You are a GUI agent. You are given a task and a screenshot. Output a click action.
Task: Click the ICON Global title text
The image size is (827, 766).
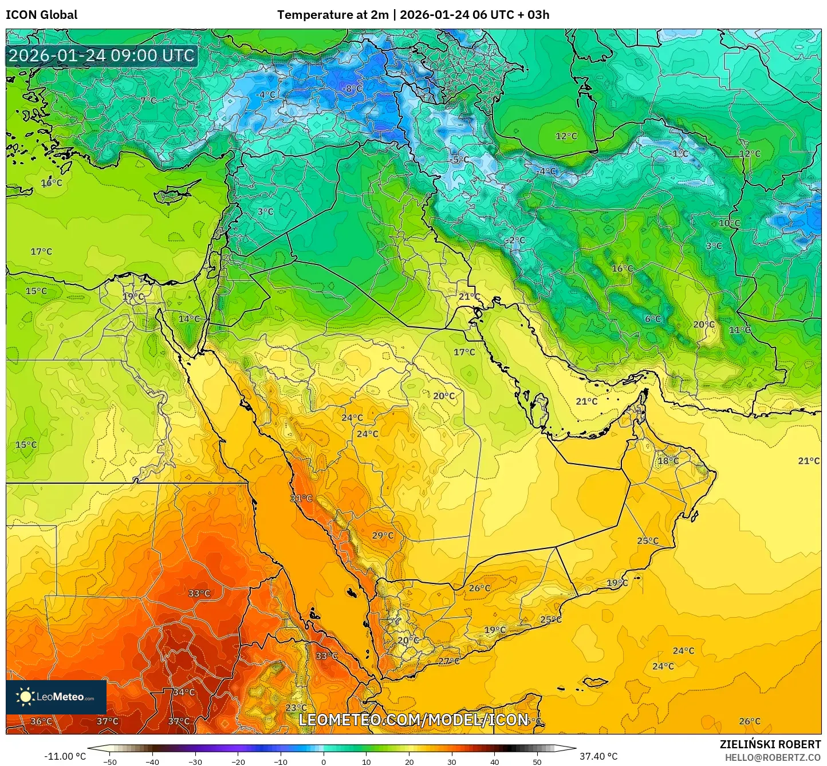41,15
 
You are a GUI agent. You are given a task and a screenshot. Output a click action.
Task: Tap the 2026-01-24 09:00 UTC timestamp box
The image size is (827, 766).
101,56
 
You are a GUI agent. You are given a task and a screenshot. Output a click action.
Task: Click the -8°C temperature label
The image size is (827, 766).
353,89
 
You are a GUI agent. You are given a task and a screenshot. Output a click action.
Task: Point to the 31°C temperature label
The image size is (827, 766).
301,499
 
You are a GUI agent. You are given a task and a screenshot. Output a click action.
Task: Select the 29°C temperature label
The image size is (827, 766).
383,536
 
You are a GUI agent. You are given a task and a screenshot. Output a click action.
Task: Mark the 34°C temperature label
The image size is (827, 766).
184,692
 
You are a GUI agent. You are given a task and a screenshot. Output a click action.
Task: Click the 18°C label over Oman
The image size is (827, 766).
668,461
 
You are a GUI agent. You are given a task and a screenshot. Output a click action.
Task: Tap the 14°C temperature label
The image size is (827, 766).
189,319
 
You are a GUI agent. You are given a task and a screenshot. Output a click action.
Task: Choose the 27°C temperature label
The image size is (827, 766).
448,661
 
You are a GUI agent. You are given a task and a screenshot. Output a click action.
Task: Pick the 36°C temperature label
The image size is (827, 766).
41,721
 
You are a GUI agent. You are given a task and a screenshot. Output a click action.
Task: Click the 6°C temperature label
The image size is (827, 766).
653,319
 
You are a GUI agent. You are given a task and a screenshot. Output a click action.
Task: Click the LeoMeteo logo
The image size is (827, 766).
56,697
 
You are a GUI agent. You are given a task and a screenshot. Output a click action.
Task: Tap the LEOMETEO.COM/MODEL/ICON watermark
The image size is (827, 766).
413,720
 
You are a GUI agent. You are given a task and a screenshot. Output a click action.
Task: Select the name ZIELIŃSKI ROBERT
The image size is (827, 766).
770,744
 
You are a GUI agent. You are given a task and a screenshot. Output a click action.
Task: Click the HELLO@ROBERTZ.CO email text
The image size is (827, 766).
773,757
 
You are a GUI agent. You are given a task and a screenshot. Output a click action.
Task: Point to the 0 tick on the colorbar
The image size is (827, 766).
324,761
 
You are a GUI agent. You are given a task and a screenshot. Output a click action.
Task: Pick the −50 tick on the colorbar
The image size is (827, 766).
109,761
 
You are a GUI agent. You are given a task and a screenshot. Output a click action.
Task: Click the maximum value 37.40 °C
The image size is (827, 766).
598,756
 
